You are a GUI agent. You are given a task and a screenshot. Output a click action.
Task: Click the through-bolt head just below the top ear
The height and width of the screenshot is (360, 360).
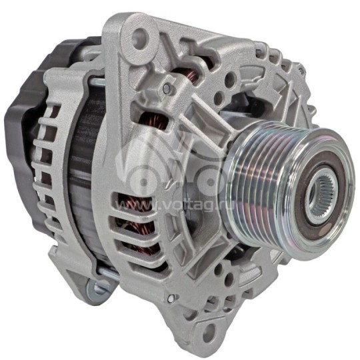tap(167, 87)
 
